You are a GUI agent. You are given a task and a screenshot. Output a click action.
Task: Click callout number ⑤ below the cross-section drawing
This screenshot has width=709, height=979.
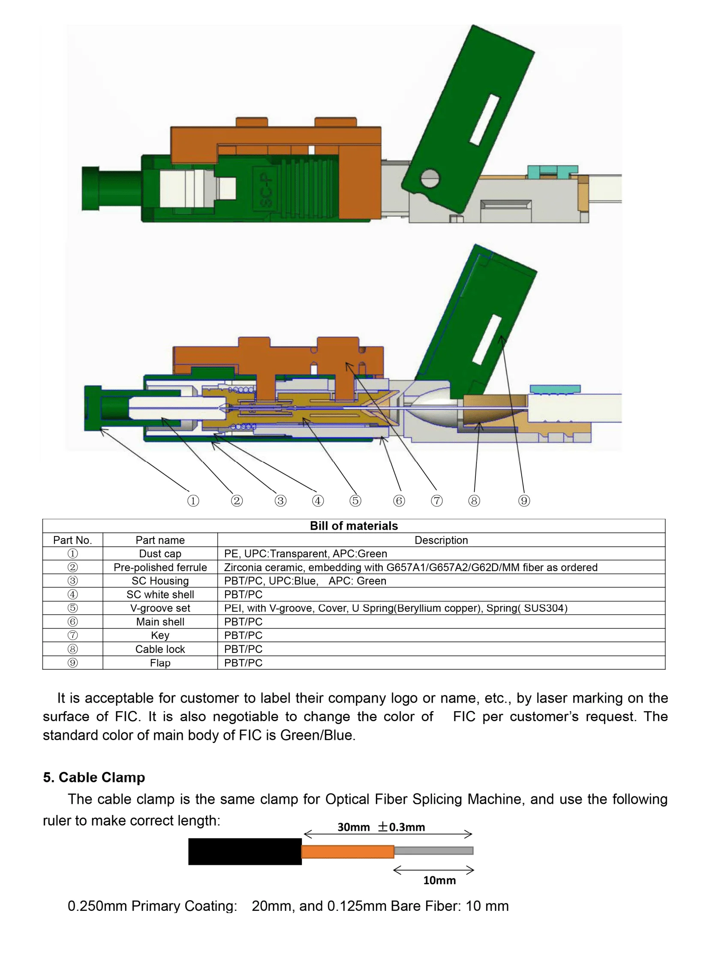click(x=355, y=500)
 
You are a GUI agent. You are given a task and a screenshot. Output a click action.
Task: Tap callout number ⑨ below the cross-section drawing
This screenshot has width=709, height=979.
click(x=524, y=500)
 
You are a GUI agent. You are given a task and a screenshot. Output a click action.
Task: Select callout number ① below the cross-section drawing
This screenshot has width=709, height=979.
click(x=193, y=500)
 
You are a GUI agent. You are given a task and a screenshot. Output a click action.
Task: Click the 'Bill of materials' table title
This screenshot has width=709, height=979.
click(x=354, y=526)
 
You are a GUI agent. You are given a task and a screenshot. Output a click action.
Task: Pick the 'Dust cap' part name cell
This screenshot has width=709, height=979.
click(x=160, y=554)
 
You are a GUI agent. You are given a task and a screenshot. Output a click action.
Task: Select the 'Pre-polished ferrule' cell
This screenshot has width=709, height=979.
click(x=160, y=567)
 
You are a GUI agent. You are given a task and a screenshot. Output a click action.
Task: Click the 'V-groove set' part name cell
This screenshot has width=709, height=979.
click(x=160, y=608)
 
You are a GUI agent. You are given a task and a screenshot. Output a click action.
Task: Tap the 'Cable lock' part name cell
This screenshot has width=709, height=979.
click(x=160, y=649)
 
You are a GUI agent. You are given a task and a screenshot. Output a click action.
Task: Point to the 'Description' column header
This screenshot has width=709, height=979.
click(x=441, y=540)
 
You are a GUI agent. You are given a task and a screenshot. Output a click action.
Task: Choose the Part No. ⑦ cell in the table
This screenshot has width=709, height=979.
click(x=72, y=635)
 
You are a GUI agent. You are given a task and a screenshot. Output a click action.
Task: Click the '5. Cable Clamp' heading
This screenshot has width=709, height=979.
click(x=94, y=777)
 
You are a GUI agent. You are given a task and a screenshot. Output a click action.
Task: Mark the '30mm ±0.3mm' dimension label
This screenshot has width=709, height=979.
click(x=381, y=827)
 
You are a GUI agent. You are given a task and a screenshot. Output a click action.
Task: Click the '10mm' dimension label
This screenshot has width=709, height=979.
click(x=439, y=880)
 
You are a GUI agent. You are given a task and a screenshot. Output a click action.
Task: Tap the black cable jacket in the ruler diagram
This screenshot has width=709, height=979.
click(x=245, y=851)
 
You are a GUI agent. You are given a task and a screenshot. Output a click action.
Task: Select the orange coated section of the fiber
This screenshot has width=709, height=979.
click(x=348, y=851)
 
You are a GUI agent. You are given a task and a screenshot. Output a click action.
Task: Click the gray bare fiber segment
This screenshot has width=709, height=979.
click(x=433, y=850)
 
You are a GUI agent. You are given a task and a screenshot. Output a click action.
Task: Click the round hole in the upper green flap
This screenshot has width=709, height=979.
click(x=430, y=178)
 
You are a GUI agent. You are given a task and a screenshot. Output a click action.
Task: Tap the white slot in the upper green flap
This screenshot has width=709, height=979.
click(x=484, y=120)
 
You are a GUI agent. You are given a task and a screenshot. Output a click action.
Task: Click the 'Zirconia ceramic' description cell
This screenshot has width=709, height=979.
click(x=410, y=567)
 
